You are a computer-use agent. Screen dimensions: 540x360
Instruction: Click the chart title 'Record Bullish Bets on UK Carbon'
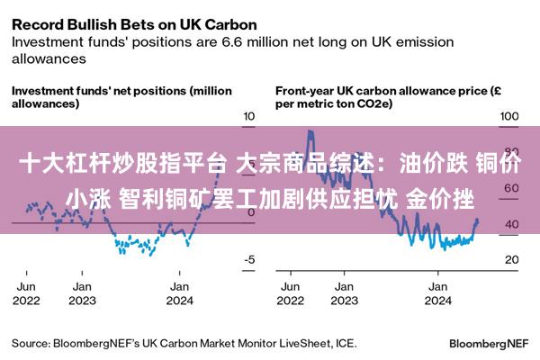(x=134, y=25)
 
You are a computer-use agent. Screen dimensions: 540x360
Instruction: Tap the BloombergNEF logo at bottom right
(x=489, y=344)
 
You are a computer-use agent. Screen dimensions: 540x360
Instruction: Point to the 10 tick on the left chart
(x=249, y=116)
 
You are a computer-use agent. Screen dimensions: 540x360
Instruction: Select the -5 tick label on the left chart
(x=249, y=259)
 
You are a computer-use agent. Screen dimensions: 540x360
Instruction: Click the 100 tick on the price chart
(x=509, y=116)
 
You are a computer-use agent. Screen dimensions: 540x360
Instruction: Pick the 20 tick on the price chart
(x=512, y=259)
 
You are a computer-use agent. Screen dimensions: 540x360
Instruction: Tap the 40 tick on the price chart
(x=512, y=224)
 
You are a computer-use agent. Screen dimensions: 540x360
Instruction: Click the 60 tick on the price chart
(x=512, y=188)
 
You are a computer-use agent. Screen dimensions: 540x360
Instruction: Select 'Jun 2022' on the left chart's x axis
(x=26, y=293)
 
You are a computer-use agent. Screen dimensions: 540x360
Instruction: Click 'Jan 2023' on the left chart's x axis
(x=82, y=293)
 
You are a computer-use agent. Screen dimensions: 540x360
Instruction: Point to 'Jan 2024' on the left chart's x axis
(x=179, y=293)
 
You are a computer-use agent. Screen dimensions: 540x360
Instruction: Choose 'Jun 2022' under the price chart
(x=291, y=293)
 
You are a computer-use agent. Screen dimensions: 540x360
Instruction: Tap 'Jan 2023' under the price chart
(x=345, y=293)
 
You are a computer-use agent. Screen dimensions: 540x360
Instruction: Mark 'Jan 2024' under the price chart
(x=437, y=293)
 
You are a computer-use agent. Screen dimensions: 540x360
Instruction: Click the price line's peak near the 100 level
(x=310, y=130)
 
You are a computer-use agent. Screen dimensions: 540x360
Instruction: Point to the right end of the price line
(x=477, y=220)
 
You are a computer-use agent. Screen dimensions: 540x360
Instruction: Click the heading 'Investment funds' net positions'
(x=100, y=91)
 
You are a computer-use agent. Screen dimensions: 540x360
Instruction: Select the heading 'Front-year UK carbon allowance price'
(x=382, y=91)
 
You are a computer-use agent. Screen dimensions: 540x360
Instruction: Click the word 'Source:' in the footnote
(x=31, y=344)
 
